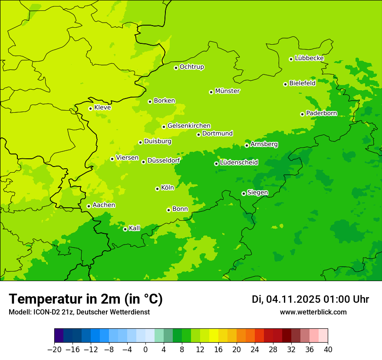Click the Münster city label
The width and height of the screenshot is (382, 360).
[x=227, y=91]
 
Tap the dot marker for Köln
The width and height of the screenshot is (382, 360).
[x=157, y=189]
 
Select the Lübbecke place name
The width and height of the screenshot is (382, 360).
[x=309, y=58]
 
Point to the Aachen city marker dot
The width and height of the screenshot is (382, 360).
[x=89, y=206]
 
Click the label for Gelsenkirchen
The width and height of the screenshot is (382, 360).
[x=189, y=126]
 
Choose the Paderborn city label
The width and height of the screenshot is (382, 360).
[x=321, y=113]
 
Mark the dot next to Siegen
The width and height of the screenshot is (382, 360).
[x=244, y=193]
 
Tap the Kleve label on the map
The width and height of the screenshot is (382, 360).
[x=102, y=107]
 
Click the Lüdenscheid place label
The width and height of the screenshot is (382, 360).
[x=239, y=163]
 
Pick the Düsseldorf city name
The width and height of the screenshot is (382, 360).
[x=164, y=160]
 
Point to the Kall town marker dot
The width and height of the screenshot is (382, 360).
[x=125, y=229]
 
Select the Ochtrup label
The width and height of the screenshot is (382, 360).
[x=192, y=67]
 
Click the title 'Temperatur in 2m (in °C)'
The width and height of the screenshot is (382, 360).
[x=86, y=299]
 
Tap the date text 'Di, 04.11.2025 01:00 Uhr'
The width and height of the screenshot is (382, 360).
[x=310, y=299]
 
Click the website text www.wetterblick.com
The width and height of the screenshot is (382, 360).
[x=313, y=312]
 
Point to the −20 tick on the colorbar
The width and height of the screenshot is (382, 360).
[x=54, y=350]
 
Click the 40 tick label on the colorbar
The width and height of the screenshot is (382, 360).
[x=328, y=350]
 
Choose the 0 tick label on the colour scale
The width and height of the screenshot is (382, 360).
[x=145, y=350]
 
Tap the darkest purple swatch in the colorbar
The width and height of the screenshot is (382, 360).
[x=59, y=336]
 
